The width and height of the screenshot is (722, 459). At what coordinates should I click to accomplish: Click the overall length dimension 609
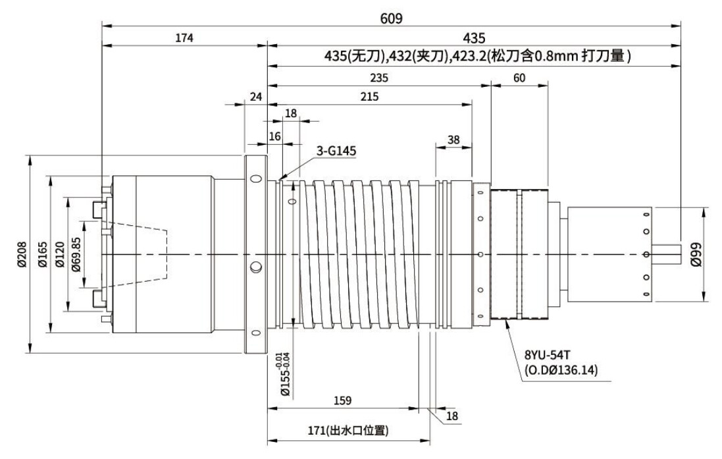392,18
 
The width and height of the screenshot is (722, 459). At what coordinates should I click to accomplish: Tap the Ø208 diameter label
22,254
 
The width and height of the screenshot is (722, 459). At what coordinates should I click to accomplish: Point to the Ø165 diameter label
41,254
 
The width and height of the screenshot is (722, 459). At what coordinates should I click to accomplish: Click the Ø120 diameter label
60,254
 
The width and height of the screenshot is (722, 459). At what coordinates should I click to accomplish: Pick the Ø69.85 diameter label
78,254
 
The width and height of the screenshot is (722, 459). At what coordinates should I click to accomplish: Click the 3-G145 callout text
336,151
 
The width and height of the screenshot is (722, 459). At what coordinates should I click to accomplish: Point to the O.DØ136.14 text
561,370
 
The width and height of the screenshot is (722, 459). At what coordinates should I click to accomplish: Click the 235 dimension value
379,77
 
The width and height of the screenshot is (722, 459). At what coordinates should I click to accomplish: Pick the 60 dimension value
519,77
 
